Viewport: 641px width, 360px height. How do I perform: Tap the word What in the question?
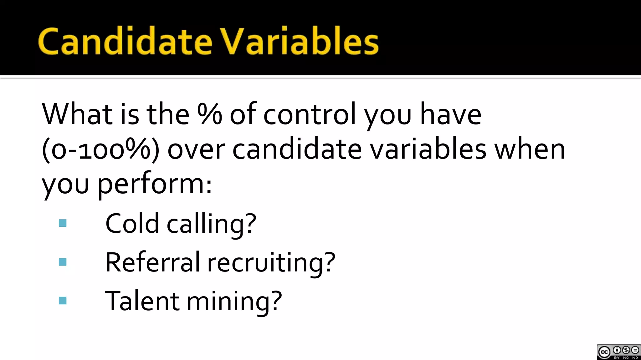point(77,114)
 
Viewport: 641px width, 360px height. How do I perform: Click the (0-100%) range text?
point(100,150)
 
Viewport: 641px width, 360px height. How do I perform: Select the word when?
point(530,150)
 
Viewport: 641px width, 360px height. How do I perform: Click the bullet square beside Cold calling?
point(63,223)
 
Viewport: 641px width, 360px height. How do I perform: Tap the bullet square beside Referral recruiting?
point(63,262)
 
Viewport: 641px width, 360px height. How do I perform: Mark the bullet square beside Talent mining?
point(63,301)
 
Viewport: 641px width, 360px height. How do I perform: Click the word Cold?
point(132,223)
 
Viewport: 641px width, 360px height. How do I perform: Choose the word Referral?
point(152,262)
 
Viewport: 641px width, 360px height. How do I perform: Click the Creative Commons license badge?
point(618,352)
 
